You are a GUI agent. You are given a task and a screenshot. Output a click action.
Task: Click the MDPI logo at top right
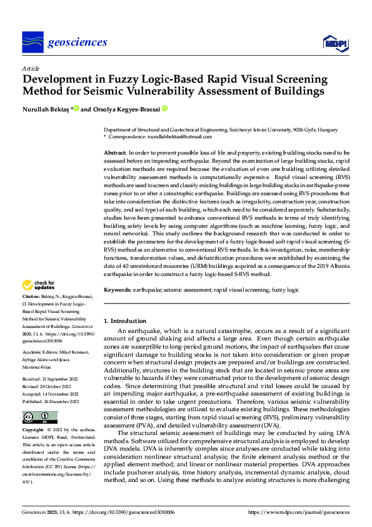(334, 43)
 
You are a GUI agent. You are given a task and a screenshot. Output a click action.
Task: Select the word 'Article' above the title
(30, 68)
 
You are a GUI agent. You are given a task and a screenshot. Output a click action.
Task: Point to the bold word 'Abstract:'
(115, 153)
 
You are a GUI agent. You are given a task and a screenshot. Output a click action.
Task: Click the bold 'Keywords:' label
(118, 290)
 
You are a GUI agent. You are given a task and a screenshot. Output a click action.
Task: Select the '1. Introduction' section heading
(124, 321)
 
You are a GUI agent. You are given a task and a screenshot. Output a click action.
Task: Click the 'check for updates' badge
(39, 285)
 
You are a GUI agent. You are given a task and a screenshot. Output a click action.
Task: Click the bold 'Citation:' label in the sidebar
(31, 296)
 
